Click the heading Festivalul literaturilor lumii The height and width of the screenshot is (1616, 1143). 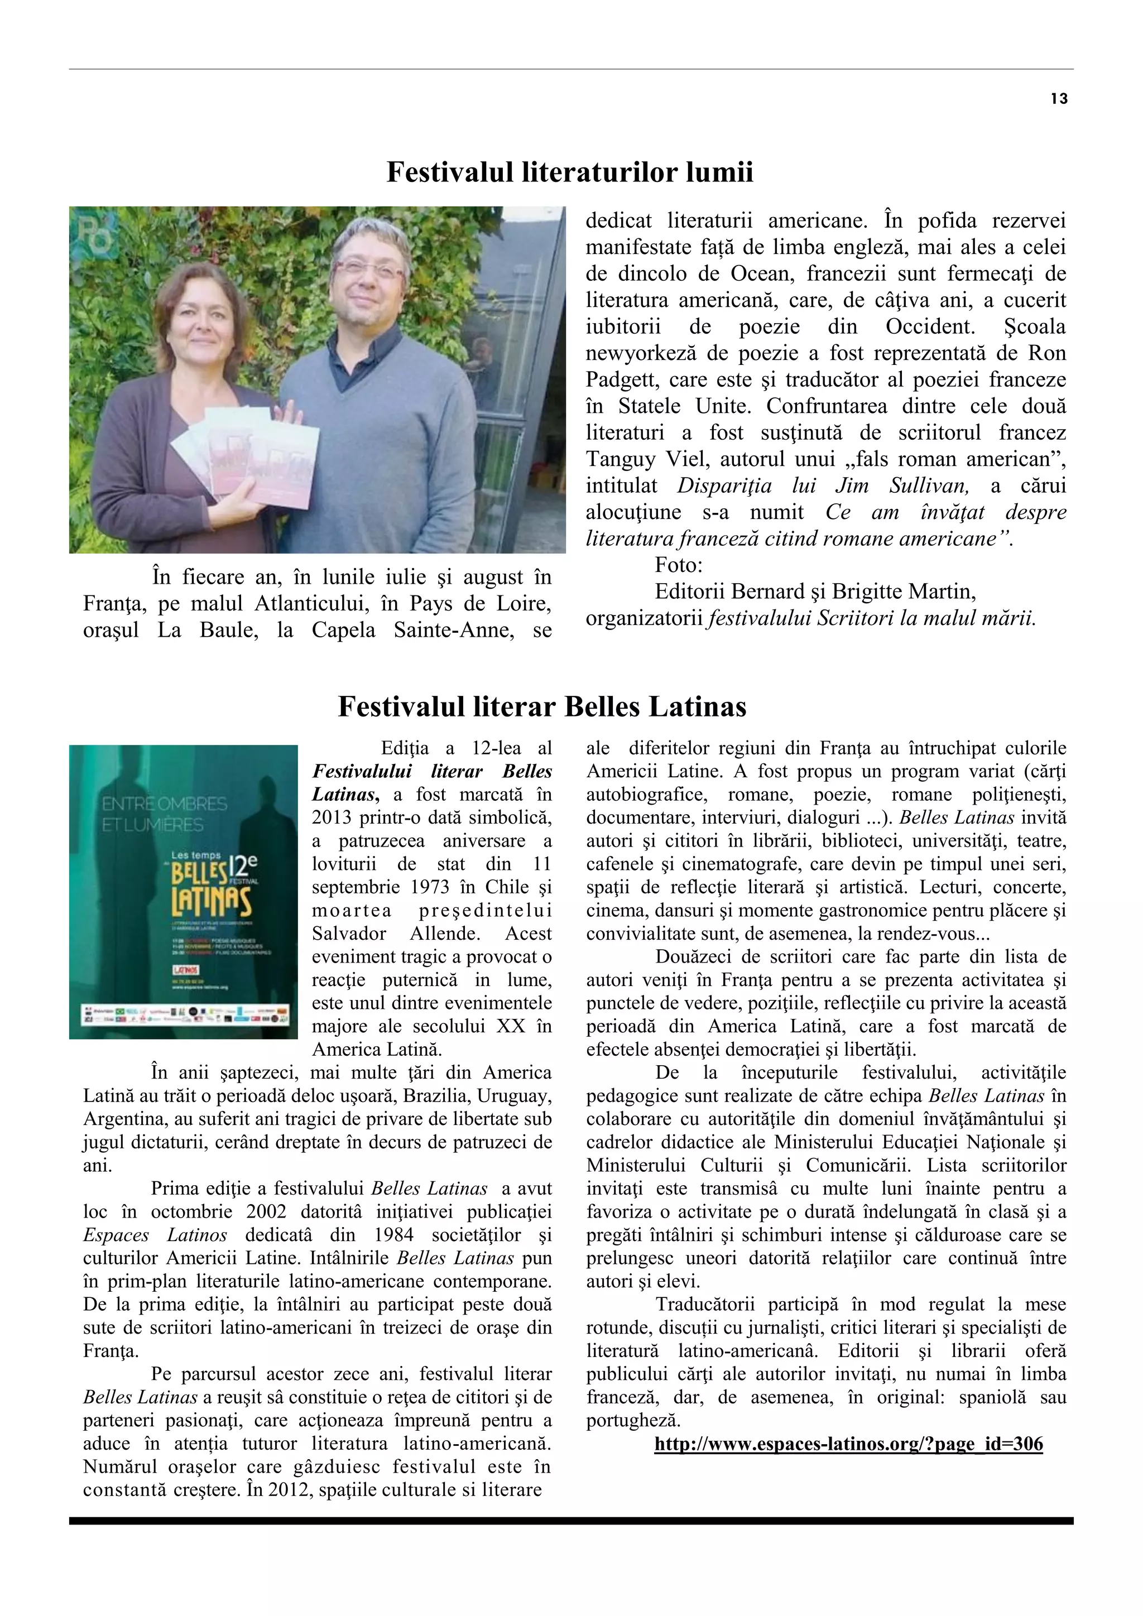(569, 172)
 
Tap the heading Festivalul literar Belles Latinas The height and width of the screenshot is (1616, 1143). (542, 706)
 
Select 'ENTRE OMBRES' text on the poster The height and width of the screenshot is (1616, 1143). (164, 804)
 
